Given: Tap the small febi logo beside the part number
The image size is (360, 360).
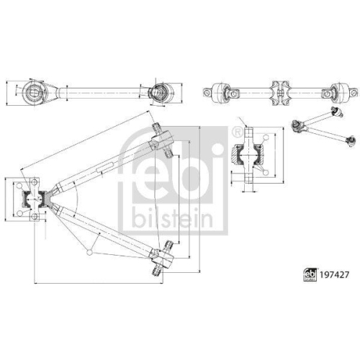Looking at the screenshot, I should (x=306, y=274).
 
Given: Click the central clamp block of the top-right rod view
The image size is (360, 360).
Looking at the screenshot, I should (x=279, y=91).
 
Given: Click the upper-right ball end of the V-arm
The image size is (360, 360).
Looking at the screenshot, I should (x=159, y=135).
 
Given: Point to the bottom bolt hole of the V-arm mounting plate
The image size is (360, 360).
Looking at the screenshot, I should (x=33, y=217).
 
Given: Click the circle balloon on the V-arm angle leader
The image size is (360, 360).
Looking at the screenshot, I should (x=88, y=251).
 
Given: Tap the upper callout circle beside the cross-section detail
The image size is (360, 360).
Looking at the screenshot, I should (x=268, y=137).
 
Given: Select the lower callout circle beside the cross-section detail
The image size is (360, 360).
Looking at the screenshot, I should (x=268, y=173).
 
